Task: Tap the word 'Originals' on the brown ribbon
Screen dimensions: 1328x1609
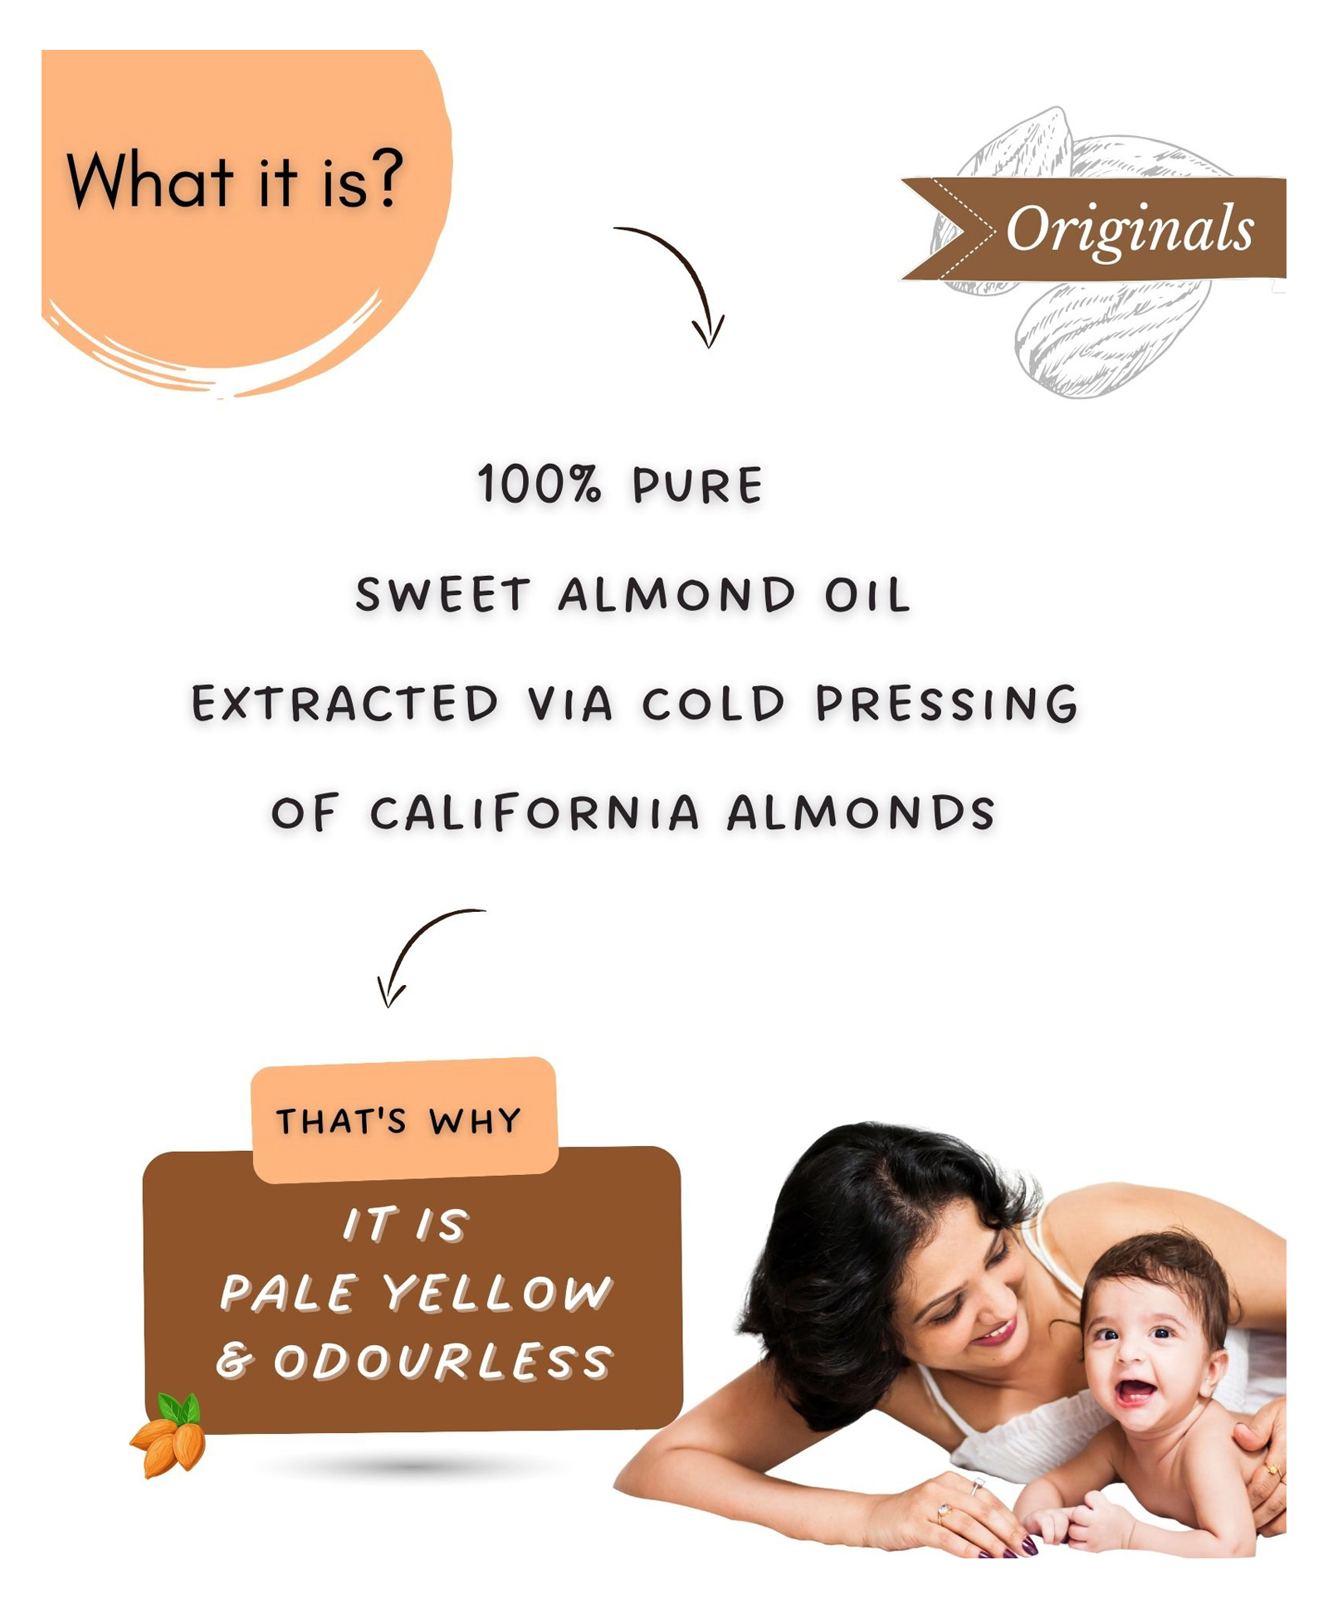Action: coord(1130,230)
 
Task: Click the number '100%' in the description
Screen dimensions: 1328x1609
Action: coord(538,484)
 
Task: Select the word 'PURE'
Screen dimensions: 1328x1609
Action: coord(697,485)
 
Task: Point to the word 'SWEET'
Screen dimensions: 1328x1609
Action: coord(442,594)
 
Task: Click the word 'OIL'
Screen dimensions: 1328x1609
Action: coord(867,595)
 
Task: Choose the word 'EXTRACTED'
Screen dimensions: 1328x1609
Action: coord(345,704)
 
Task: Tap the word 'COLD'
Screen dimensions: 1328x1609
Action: coord(713,704)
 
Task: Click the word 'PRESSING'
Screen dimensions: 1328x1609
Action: coord(946,704)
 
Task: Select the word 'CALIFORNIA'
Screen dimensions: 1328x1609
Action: coord(535,812)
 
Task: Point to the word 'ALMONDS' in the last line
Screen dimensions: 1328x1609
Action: coord(861,812)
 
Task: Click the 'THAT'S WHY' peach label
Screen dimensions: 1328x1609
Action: coord(404,1120)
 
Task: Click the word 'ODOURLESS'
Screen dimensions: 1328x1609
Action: coord(442,1362)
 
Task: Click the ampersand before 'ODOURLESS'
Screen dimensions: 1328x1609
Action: coord(235,1362)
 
